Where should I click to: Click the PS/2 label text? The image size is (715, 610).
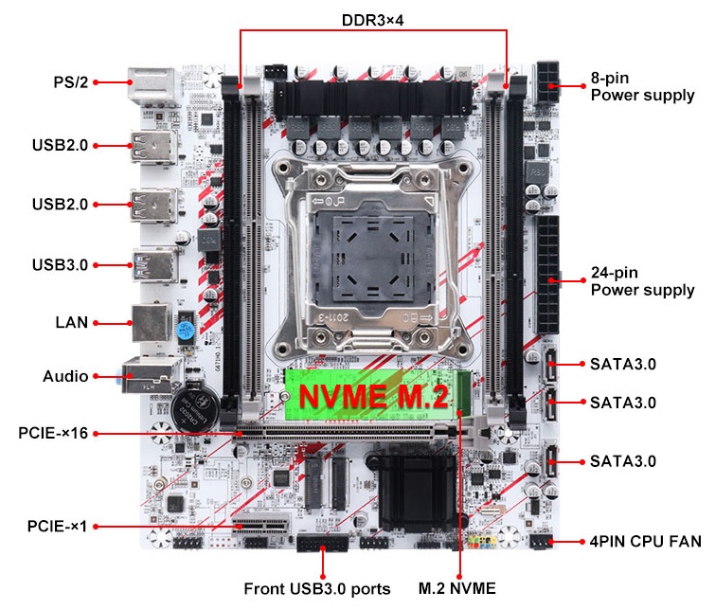pos(71,82)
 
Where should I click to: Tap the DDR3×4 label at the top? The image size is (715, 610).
pos(372,21)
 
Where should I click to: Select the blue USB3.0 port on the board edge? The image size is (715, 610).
pos(154,264)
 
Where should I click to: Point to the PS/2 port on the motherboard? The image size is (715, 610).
pos(152,87)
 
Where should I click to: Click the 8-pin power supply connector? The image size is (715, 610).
pos(547,83)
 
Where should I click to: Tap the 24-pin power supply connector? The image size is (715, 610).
pos(547,275)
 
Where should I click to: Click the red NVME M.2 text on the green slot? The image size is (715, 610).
pos(373,396)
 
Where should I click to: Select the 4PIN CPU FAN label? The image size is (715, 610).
pos(645,542)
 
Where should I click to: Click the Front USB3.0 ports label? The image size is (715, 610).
pos(317,589)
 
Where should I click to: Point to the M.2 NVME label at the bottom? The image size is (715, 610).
pos(456,588)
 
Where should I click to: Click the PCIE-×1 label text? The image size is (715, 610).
pos(57,526)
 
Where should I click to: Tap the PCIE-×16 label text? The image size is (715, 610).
pos(53,433)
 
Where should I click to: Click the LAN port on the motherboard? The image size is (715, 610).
pos(152,323)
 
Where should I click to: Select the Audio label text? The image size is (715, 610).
pos(65,376)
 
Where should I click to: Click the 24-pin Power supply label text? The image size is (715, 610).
pos(642,281)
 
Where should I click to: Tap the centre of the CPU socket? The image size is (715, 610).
pos(372,258)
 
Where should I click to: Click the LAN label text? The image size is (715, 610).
pos(72,323)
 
